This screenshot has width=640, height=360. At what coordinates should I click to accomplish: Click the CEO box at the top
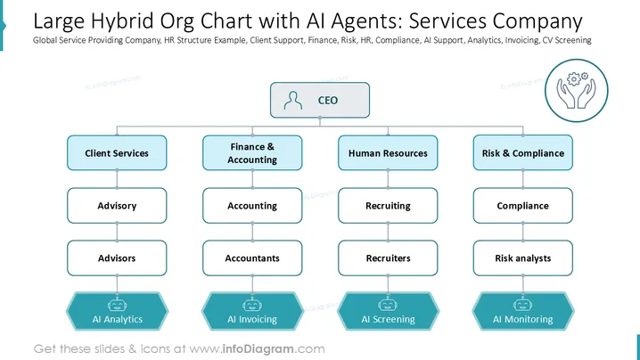click(x=320, y=100)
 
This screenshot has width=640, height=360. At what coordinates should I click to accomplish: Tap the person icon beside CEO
click(x=293, y=101)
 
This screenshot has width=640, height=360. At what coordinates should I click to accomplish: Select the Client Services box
click(x=117, y=153)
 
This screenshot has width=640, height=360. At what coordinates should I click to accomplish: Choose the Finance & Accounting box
click(x=252, y=153)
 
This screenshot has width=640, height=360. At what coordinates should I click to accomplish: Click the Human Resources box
click(x=388, y=153)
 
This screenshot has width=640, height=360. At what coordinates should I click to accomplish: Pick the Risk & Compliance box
click(x=523, y=153)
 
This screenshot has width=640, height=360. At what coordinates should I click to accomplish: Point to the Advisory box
click(x=117, y=206)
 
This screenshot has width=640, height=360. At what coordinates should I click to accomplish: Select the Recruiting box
click(x=388, y=206)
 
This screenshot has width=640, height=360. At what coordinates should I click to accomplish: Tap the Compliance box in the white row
click(x=523, y=206)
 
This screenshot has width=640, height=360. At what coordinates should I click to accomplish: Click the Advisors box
click(x=117, y=258)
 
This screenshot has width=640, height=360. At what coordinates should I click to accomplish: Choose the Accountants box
click(x=252, y=258)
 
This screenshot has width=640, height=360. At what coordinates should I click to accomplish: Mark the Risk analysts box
click(x=523, y=258)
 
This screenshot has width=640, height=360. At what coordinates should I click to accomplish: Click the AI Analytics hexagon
click(x=117, y=311)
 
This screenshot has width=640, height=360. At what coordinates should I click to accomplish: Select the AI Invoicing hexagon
click(x=252, y=311)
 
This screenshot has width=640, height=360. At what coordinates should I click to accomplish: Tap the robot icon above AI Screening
click(x=388, y=305)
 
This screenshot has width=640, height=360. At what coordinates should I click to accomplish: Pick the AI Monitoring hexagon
click(x=523, y=311)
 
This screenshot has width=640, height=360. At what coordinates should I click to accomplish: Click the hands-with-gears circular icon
click(x=577, y=91)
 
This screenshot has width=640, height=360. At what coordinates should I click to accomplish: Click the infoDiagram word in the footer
click(x=258, y=349)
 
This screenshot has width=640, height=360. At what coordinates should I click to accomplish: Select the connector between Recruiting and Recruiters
click(x=388, y=232)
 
